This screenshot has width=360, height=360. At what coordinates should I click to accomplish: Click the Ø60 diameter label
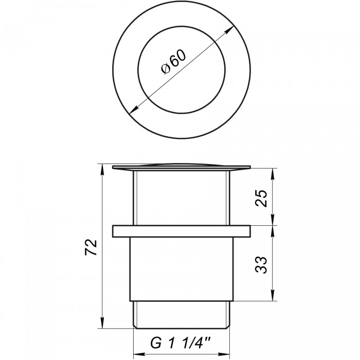(x=174, y=62)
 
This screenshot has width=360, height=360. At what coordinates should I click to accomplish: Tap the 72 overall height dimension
(x=91, y=247)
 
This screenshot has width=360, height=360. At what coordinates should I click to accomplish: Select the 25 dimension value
(x=261, y=199)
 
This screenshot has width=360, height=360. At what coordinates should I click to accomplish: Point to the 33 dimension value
(x=261, y=265)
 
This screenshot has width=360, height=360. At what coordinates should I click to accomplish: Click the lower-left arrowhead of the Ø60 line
(x=134, y=110)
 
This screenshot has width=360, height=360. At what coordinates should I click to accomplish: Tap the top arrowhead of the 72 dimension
(x=102, y=169)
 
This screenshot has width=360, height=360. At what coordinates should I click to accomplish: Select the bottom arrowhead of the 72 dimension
(x=102, y=323)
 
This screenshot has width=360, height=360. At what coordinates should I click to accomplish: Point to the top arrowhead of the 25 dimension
(x=273, y=174)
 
